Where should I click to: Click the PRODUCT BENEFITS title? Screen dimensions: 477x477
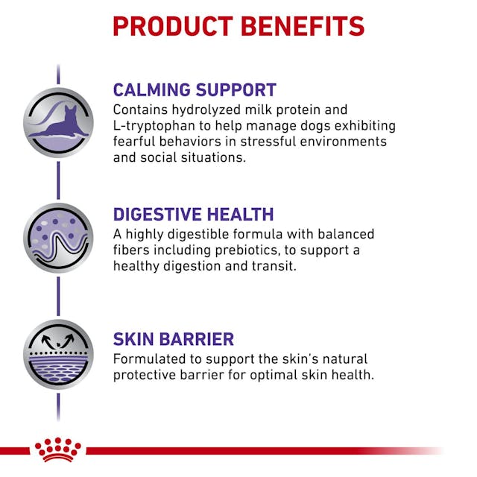pyautogui.click(x=238, y=26)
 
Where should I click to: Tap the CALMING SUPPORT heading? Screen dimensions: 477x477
pyautogui.click(x=195, y=90)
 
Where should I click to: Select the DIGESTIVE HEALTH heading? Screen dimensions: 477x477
pyautogui.click(x=193, y=215)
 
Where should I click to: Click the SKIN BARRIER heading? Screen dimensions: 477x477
pyautogui.click(x=173, y=339)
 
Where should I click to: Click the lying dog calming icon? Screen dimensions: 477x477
pyautogui.click(x=58, y=123)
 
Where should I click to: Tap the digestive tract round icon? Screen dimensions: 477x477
pyautogui.click(x=58, y=238)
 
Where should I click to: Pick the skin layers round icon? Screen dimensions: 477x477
pyautogui.click(x=58, y=355)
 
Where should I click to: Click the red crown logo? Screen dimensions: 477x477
pyautogui.click(x=57, y=449)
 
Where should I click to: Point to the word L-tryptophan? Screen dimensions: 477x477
pyautogui.click(x=151, y=125)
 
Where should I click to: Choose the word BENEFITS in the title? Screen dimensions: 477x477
pyautogui.click(x=301, y=26)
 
